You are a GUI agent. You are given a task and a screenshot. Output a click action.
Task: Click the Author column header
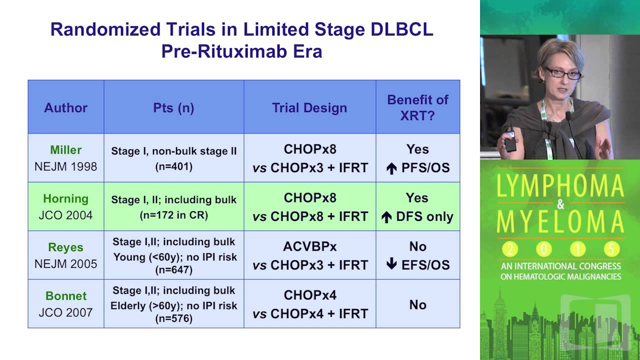pos(65,107)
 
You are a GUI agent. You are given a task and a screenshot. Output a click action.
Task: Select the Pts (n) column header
pos(173,107)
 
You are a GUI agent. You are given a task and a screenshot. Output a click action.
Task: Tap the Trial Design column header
pos(309,107)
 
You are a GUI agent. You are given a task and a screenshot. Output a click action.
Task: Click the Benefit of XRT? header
pos(417,107)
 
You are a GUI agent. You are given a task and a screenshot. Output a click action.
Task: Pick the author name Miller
pos(65,150)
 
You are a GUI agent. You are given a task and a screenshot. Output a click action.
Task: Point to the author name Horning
pos(65,198)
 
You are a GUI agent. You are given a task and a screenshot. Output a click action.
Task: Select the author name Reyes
pos(65,247)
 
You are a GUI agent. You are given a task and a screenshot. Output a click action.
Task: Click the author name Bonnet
pos(65,295)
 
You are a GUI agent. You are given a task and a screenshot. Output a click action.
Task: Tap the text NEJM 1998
pos(65,166)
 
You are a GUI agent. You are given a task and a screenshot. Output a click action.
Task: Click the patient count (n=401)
pos(173,166)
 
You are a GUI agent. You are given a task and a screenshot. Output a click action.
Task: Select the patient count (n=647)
pos(173,270)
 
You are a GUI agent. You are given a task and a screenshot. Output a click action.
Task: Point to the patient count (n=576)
pos(173,318)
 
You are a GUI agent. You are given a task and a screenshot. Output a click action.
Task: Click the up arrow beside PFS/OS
pos(392,169)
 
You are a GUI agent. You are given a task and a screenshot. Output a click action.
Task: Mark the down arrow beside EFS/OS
pos(392,265)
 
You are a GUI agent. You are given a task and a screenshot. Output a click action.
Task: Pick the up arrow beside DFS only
pos(386,217)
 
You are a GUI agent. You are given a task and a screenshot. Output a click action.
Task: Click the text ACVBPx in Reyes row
pos(309,246)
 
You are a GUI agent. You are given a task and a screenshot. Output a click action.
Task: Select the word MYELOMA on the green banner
pos(560,222)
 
